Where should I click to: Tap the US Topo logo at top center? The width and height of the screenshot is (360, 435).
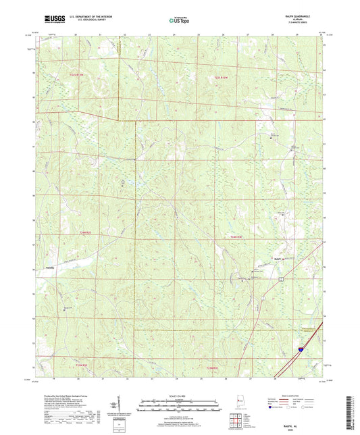pos(178,21)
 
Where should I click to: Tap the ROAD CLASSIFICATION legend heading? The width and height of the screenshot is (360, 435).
pos(295,395)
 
